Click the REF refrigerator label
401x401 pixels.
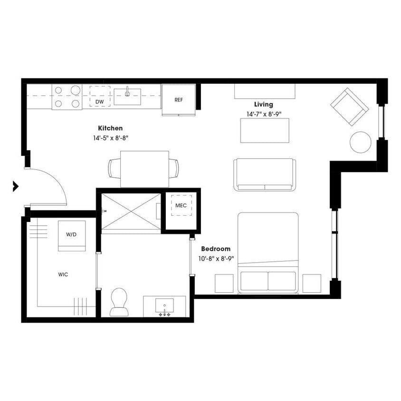179,100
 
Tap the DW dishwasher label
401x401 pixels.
100,102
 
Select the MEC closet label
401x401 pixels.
181,205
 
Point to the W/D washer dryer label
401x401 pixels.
71,234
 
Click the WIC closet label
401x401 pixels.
63,275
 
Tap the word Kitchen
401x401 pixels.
110,128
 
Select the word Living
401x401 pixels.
263,105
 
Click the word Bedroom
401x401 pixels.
216,249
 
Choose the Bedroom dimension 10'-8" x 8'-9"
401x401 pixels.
216,258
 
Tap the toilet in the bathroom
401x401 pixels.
119,302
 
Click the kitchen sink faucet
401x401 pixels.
127,91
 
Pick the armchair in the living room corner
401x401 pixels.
350,107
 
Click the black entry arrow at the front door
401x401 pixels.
16,186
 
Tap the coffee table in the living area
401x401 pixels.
265,130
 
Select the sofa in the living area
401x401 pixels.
265,174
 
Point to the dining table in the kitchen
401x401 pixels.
144,169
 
